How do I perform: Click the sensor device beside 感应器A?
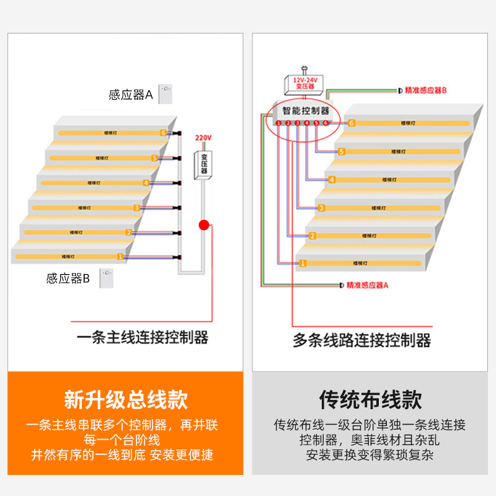click(165, 94)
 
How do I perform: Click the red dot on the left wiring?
click(203, 225)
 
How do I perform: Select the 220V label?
click(203, 138)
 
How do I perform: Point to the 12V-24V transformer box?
click(304, 83)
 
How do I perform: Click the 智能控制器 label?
click(306, 112)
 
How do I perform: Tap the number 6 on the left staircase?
click(163, 133)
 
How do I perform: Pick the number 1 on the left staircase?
click(120, 256)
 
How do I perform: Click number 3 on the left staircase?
click(137, 208)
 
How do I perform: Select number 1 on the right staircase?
click(303, 263)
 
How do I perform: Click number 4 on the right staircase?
click(332, 180)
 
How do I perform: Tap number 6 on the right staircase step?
click(352, 123)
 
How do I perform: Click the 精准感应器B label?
click(426, 91)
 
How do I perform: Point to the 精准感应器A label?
click(368, 285)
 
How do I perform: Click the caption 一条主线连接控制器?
click(142, 338)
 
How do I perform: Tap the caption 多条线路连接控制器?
click(361, 340)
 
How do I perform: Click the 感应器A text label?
click(130, 95)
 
